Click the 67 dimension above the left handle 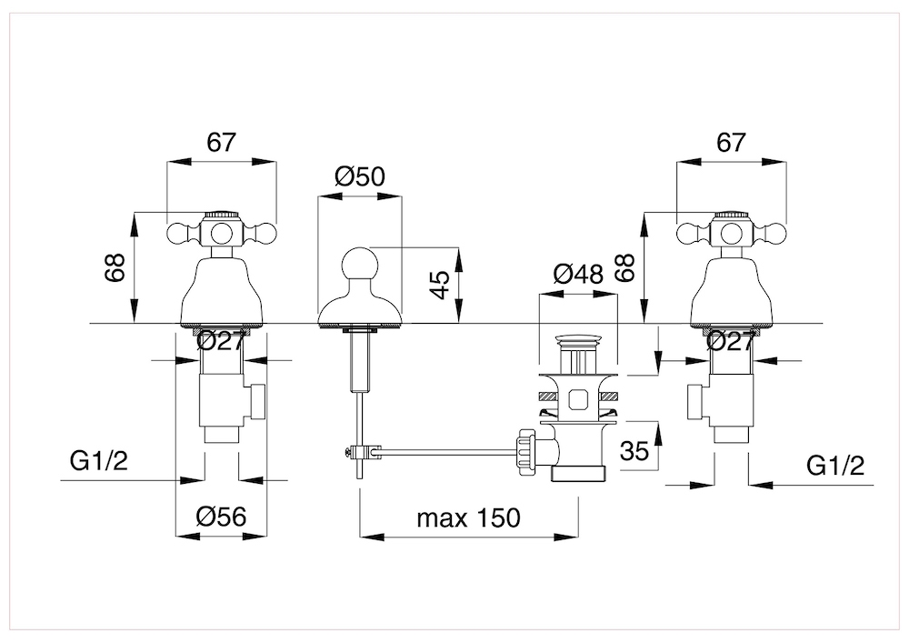[x=222, y=142]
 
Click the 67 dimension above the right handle [x=732, y=142]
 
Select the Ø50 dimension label [x=360, y=176]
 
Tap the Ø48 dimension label [x=578, y=274]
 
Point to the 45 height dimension [x=441, y=284]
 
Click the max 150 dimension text [x=468, y=517]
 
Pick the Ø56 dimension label [x=222, y=516]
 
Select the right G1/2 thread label [x=835, y=466]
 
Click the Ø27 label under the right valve [x=730, y=341]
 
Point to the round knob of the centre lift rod [x=360, y=265]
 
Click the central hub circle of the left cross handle [x=221, y=234]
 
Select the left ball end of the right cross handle [x=688, y=234]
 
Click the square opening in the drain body [x=577, y=399]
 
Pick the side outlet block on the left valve [x=255, y=401]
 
